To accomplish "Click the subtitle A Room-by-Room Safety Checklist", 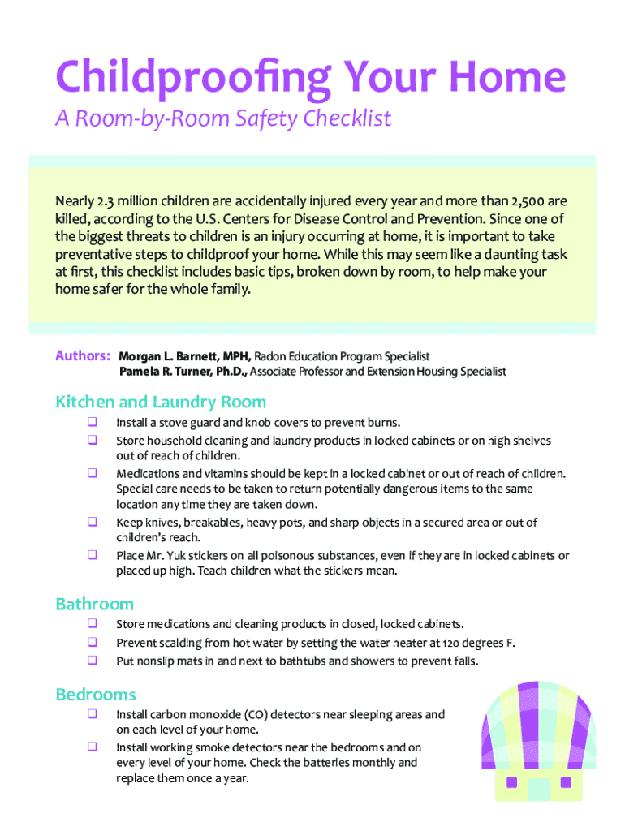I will pos(223,119).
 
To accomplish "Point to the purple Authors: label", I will pos(83,356).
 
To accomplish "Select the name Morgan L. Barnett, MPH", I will pos(185,357).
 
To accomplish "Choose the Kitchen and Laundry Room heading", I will pos(161,403).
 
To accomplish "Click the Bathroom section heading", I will pos(94,605).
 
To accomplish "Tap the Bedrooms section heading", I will pos(96,695).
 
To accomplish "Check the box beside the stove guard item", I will pos(93,422).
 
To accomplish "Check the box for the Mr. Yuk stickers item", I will pos(93,555).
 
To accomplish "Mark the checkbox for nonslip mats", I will pos(93,660).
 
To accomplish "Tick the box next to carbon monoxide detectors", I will pos(93,714).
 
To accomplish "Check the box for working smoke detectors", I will pos(93,747).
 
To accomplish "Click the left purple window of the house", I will pos(512,783).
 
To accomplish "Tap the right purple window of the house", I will pos(566,783).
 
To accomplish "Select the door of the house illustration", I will pos(538,788).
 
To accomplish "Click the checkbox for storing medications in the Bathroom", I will pos(93,624).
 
